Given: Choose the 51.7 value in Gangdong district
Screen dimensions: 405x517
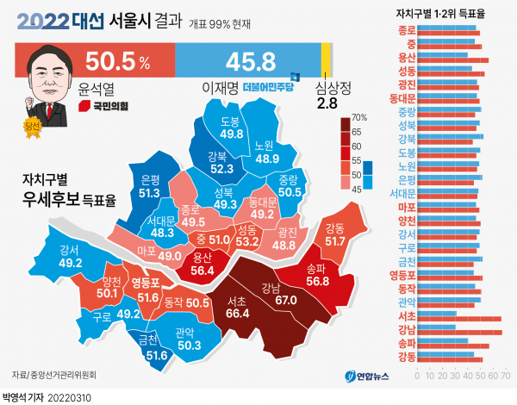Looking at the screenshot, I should pyautogui.click(x=333, y=244).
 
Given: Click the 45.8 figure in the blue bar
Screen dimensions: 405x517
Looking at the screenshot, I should pyautogui.click(x=250, y=61).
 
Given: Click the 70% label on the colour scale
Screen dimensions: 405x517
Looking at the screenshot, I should pyautogui.click(x=359, y=117).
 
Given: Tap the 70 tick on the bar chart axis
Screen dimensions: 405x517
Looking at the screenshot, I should pyautogui.click(x=501, y=376).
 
